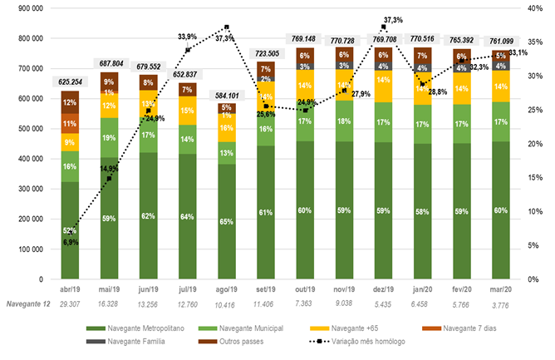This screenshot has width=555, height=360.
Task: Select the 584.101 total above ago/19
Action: pos(226,94)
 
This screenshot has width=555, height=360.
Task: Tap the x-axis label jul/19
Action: pos(188,290)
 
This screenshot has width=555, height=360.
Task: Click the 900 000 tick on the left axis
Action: pos(30,8)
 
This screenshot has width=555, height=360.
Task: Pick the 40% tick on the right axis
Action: pos(536,8)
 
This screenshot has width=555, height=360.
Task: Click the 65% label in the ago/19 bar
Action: pos(227,223)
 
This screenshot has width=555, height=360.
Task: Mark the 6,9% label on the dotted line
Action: pos(70,240)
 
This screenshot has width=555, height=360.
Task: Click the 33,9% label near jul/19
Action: pos(187,37)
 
